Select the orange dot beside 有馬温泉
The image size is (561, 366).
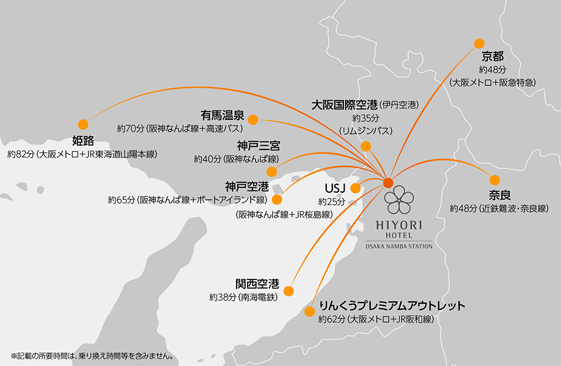pos(253,119)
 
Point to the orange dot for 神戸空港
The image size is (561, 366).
pos(277,199)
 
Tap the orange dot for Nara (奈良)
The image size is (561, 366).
pos(495,180)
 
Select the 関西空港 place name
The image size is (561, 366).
pos(257,284)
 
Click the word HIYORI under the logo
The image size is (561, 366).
pos(400,225)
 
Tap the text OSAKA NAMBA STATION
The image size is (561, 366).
pos(399,246)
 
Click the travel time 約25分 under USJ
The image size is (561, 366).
pos(332,201)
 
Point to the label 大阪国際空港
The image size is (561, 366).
pos(345,104)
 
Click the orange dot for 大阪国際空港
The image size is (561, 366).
pos(366,146)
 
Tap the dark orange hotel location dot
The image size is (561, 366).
pos(388,182)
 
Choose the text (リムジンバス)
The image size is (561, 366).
pos(365,131)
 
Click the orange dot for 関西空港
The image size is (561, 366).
pos(290,290)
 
